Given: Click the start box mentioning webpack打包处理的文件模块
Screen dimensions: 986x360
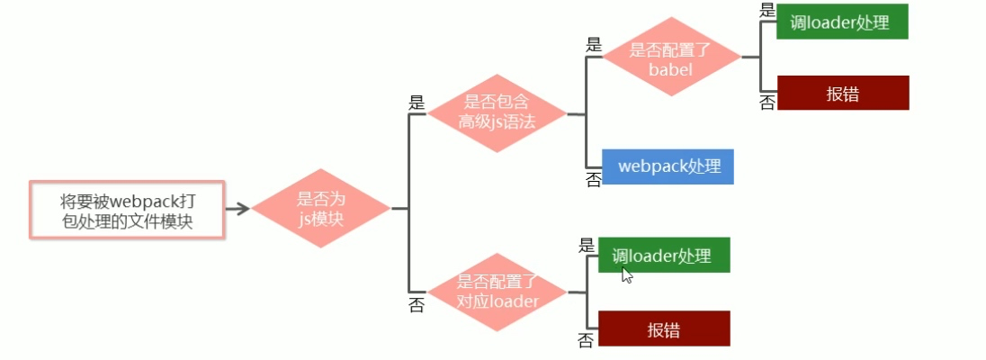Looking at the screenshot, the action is pyautogui.click(x=126, y=211).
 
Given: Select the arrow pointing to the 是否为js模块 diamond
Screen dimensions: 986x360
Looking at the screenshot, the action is pyautogui.click(x=238, y=208).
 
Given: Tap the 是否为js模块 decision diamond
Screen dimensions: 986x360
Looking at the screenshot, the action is pyautogui.click(x=320, y=208).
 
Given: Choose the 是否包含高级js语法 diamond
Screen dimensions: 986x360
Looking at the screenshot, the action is pyautogui.click(x=497, y=113).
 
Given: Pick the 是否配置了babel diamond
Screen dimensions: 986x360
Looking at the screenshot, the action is pyautogui.click(x=672, y=58).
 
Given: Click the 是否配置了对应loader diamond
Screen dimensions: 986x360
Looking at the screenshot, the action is pyautogui.click(x=497, y=292).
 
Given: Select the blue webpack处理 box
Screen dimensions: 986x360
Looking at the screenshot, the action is pyautogui.click(x=668, y=166).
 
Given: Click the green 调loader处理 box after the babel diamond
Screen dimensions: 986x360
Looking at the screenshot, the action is pyautogui.click(x=842, y=22).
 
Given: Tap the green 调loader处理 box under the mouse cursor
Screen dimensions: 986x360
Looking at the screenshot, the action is pyautogui.click(x=664, y=255).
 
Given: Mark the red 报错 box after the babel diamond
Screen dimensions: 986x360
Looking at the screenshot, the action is pyautogui.click(x=843, y=93).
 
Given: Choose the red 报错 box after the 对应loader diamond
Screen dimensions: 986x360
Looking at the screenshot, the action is pyautogui.click(x=664, y=328).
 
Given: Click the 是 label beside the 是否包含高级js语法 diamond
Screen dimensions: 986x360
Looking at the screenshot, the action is pyautogui.click(x=417, y=102).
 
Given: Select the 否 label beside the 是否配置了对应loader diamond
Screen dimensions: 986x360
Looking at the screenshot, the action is pyautogui.click(x=417, y=306).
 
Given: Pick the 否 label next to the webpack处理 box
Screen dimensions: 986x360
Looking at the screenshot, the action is pyautogui.click(x=594, y=180).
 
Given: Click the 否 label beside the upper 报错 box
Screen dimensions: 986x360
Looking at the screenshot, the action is pyautogui.click(x=767, y=103).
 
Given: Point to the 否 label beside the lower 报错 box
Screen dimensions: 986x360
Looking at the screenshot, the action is pyautogui.click(x=586, y=341).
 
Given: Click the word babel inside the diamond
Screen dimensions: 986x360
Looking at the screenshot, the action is pyautogui.click(x=671, y=68).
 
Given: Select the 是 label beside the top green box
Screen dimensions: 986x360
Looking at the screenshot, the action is pyautogui.click(x=767, y=11).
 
